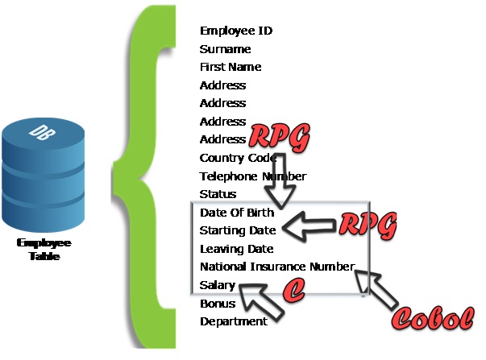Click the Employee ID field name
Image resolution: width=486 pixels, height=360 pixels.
(x=236, y=31)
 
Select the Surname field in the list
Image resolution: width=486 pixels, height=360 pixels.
(x=226, y=49)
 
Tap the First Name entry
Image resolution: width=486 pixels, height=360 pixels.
(x=231, y=68)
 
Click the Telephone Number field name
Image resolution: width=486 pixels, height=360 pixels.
(x=253, y=176)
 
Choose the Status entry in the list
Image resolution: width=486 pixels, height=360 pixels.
(x=218, y=195)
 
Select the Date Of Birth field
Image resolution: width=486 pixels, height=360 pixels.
(x=237, y=213)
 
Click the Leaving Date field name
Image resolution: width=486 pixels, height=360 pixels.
(x=236, y=250)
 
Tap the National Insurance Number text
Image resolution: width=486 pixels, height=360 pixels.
(x=276, y=267)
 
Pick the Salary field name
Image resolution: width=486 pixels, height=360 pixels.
(x=218, y=285)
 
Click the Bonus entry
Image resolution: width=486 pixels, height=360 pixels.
(x=218, y=304)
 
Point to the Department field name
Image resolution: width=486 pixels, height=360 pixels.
(x=233, y=321)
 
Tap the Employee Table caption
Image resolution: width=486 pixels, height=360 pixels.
(x=44, y=250)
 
